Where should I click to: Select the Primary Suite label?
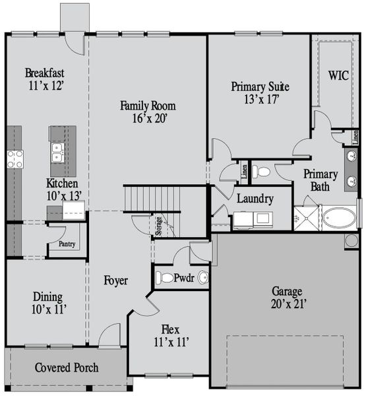point(260,92)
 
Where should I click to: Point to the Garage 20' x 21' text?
point(287,297)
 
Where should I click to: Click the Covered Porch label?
point(67,367)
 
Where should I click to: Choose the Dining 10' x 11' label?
point(47,302)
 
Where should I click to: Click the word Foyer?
point(116,280)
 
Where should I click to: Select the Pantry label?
point(67,244)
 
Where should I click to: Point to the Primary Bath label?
point(320,180)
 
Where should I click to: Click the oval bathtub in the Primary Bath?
point(338,217)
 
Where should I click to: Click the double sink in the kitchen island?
point(57,152)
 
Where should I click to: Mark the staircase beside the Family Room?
point(153,197)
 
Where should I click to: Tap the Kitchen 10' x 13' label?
point(62,189)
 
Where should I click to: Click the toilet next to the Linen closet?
point(262,172)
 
